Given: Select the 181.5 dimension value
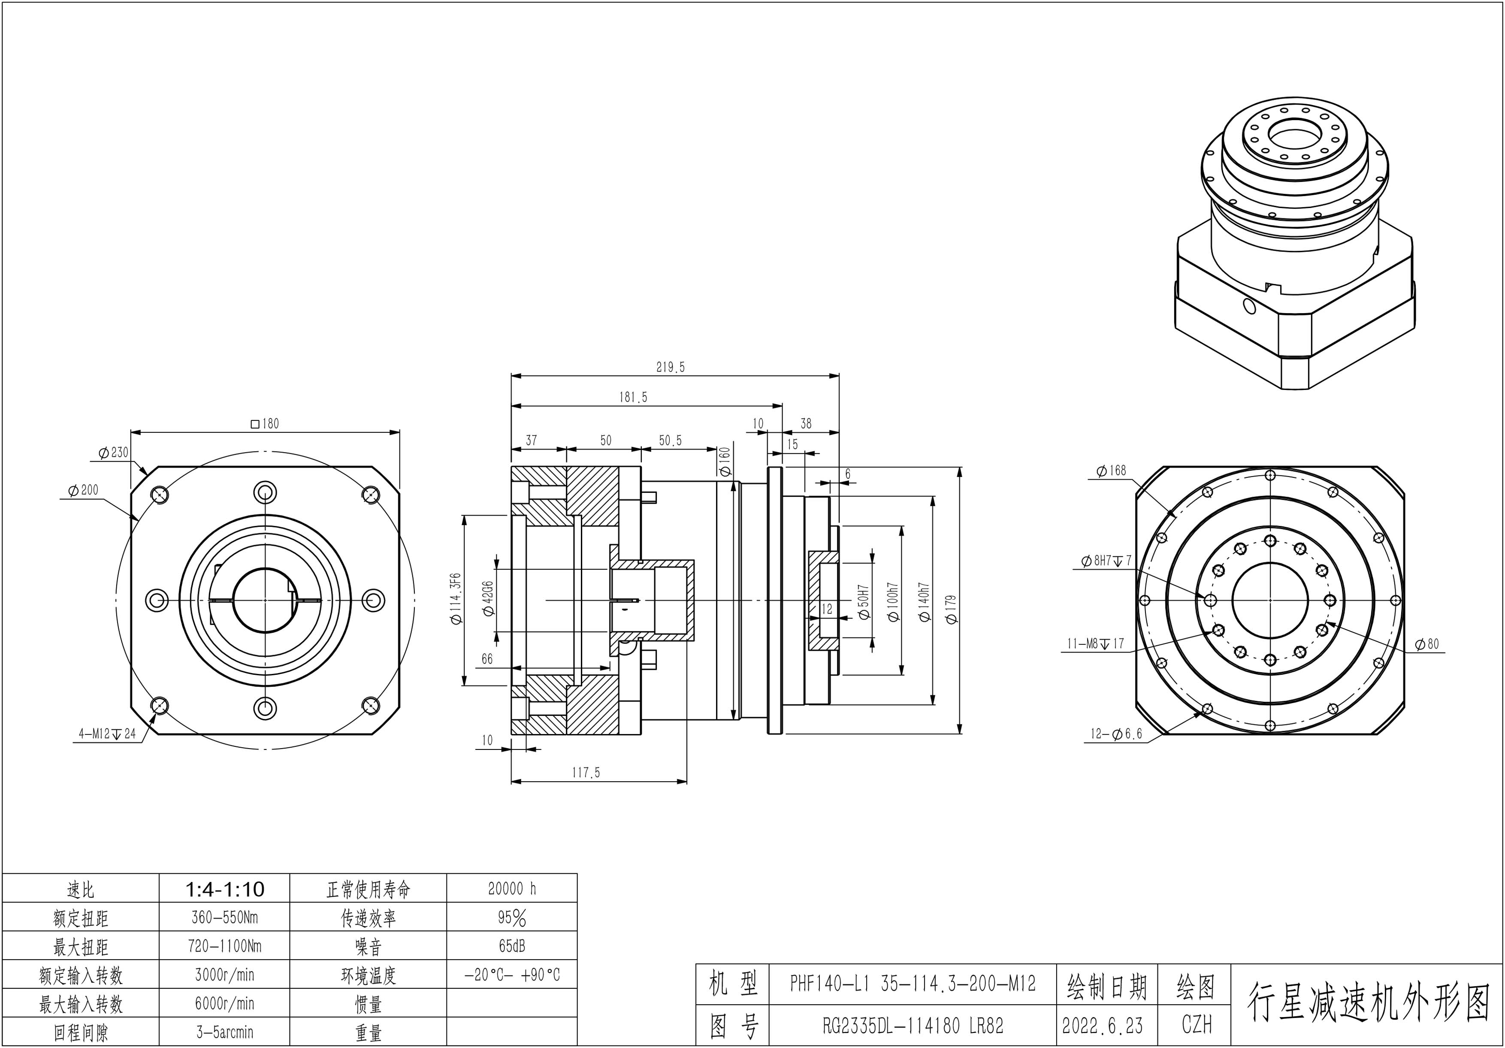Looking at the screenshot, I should pos(633,397).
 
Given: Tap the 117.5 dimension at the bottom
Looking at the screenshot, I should pos(585,773).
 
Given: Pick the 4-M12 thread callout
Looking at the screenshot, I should pos(107,734).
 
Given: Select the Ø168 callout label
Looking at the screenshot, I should pos(1110,471).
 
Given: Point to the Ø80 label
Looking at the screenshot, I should pos(1427,644).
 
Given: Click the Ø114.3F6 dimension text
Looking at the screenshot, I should pos(456,600).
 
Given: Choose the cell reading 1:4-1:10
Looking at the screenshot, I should pos(225,889).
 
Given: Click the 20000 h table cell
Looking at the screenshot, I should pos(512,889).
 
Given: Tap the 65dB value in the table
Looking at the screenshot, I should pos(512,946).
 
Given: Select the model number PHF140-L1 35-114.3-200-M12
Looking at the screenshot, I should pos(913,985).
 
